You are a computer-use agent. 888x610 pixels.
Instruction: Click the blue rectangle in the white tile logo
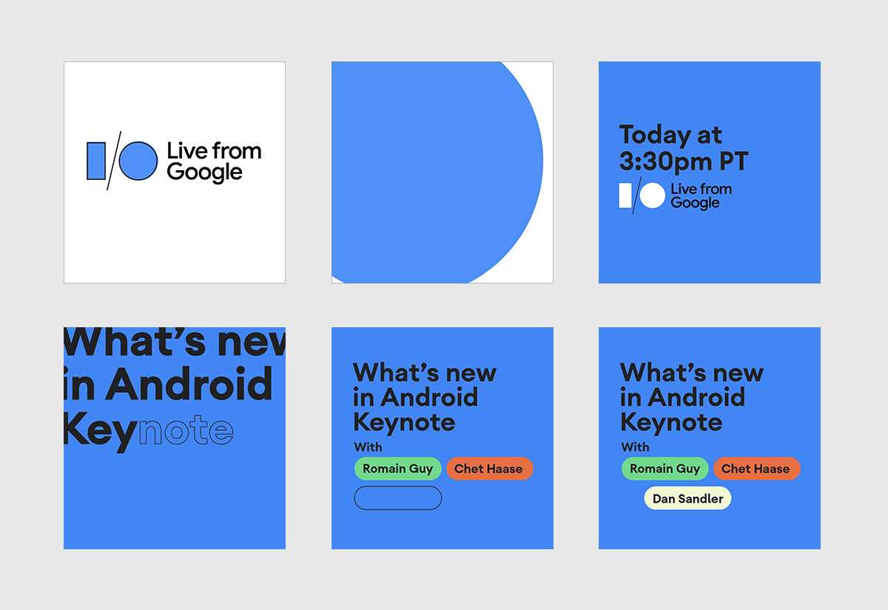pos(96,161)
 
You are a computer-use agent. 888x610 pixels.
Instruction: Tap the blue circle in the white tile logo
pos(138,161)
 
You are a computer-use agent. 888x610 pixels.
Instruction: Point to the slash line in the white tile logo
pos(114,161)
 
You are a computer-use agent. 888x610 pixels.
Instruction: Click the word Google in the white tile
pos(204,173)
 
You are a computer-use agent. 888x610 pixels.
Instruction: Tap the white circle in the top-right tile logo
pos(653,195)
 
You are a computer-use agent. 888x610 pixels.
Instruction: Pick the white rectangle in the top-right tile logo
pos(625,195)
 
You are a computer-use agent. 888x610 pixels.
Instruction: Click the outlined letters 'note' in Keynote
pos(186,430)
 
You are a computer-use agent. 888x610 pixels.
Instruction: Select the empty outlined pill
pos(398,498)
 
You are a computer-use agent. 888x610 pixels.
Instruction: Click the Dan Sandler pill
pos(687,498)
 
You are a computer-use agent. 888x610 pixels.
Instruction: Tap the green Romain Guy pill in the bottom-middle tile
pos(398,469)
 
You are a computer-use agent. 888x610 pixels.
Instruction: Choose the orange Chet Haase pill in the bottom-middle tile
pos(490,469)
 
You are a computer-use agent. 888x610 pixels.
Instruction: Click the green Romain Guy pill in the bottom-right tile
pos(665,469)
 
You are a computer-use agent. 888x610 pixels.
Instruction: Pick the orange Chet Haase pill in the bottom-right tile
pos(757,469)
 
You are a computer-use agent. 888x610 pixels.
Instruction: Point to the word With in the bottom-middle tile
pos(369,447)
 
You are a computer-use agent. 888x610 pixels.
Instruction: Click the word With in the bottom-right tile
pos(636,447)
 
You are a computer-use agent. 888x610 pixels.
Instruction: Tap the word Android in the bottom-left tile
pos(189,383)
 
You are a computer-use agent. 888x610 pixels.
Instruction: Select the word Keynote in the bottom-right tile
pos(671,423)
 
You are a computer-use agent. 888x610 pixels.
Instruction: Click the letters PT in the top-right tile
pos(734,161)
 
